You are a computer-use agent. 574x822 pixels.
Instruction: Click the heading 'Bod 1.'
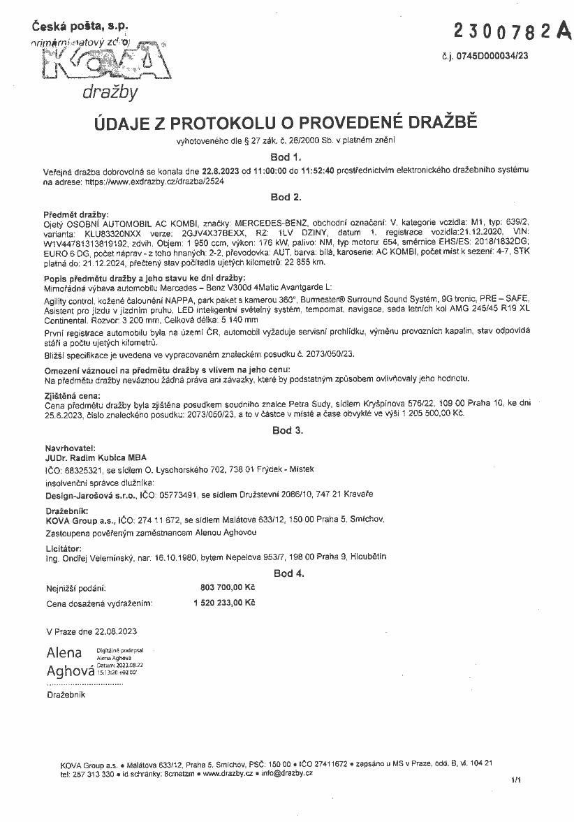(x=286, y=157)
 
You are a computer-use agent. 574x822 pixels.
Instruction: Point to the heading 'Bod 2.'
(x=286, y=198)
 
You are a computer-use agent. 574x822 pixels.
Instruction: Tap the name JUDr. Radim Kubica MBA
(x=96, y=457)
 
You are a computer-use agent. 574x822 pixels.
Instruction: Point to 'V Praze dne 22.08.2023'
(x=91, y=632)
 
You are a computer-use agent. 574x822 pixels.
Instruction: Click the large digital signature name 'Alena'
(x=64, y=654)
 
